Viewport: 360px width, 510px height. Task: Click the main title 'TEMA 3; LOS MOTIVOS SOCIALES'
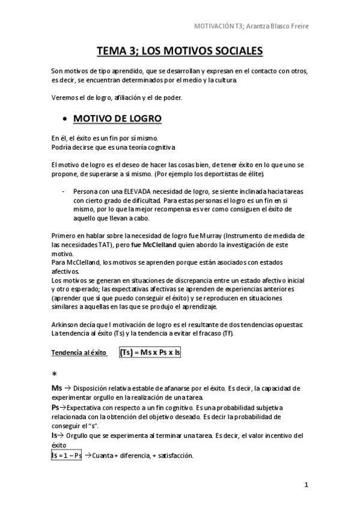(180, 52)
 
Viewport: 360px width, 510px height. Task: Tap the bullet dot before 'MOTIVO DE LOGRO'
(64, 118)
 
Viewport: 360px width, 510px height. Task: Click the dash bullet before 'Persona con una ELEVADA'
(64, 191)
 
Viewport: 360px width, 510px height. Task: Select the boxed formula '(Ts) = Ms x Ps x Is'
(150, 352)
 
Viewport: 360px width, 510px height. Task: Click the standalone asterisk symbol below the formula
(54, 374)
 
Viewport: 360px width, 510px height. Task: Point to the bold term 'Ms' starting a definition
(56, 389)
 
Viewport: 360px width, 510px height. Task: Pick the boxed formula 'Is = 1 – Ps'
(67, 455)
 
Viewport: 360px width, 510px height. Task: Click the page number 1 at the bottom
(306, 485)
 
